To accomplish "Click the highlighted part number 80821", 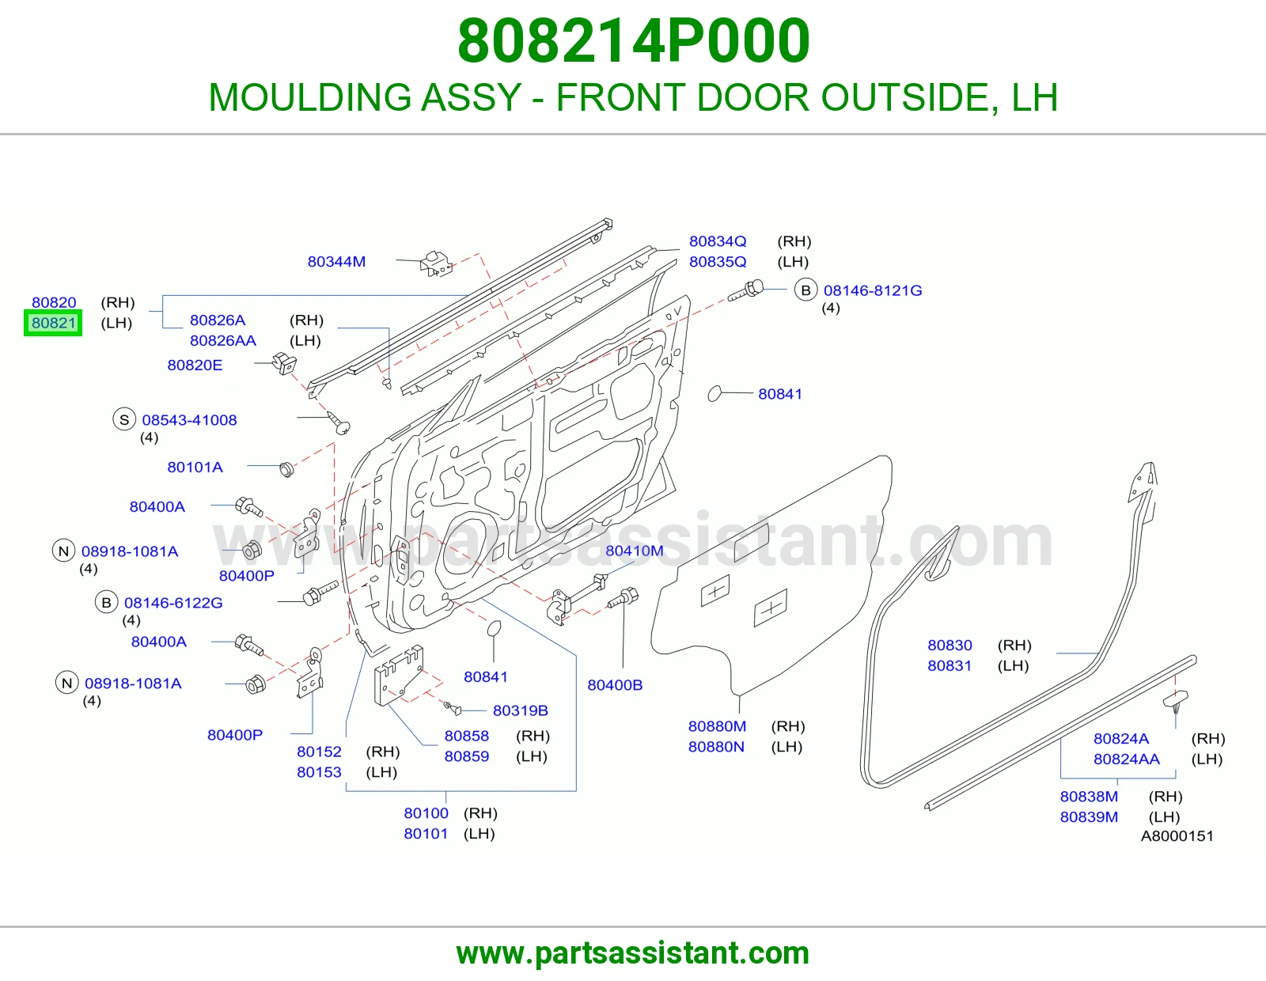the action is coord(53,323).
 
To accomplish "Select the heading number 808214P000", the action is coord(633,41).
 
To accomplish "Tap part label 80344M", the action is coord(336,262).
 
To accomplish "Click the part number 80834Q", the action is coord(717,241).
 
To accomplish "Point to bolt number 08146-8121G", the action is coord(872,290).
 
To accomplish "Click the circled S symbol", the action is coord(124,419).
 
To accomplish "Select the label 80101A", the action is coord(195,468).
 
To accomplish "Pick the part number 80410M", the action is coord(634,551).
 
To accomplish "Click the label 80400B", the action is coord(615,685).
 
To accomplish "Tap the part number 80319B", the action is coord(521,710).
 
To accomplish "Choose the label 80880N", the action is coord(716,747).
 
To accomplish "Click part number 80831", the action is coord(949,666).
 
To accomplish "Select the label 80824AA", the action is coord(1126,759).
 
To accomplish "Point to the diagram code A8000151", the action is coord(1177,836).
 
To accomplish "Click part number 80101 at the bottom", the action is coord(426,834).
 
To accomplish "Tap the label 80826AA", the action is coord(222,341).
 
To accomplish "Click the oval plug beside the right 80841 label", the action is coord(714,394).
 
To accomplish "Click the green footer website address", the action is coord(633,953).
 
